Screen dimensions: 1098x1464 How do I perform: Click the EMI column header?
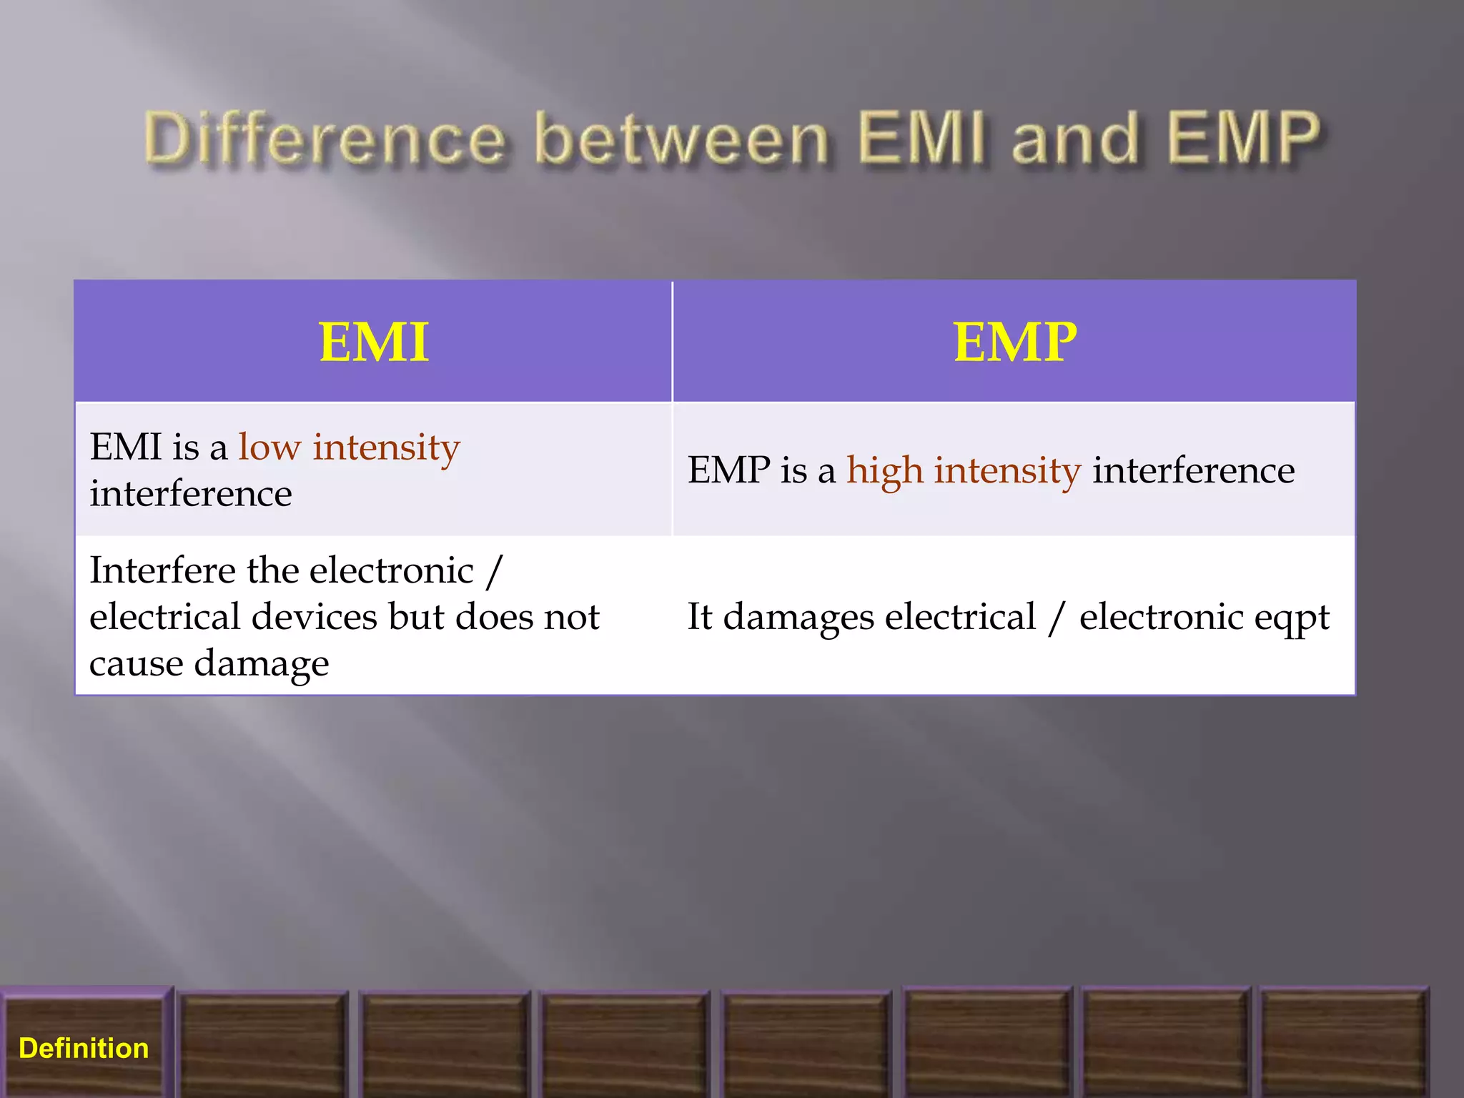tap(374, 342)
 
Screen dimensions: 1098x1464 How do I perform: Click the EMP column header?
tap(1014, 342)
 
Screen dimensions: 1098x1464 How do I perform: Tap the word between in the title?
tap(682, 138)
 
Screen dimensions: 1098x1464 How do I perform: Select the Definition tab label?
tap(84, 1048)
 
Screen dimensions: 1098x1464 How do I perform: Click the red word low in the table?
tap(269, 447)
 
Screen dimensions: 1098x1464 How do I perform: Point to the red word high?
tap(885, 471)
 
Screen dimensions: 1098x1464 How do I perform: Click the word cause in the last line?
tap(136, 663)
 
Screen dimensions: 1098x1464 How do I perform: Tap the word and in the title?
tap(1075, 138)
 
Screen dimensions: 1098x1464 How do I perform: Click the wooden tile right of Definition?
tap(263, 1044)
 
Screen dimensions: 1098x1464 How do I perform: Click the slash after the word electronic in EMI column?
tap(493, 571)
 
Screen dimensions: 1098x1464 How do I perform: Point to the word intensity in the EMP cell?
tap(1007, 471)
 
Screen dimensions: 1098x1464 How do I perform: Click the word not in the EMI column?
tap(571, 617)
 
